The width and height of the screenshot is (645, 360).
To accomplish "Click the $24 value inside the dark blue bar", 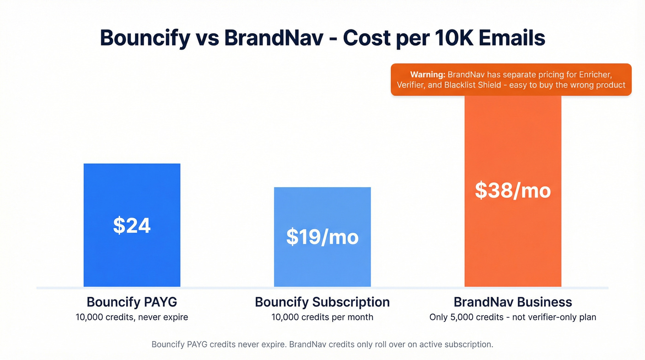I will point(132,225).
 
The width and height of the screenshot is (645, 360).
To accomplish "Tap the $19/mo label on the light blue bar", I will point(322,236).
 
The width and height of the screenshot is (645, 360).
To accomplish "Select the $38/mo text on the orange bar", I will point(513,190).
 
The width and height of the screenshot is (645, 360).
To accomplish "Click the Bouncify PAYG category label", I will point(132,302).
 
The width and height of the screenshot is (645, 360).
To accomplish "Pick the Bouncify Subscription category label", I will point(322,302).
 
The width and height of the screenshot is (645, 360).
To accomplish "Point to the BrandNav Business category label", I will point(513,302).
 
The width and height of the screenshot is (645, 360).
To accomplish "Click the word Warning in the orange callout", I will point(427,74).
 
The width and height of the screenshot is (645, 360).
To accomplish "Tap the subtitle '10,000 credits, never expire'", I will point(132,317).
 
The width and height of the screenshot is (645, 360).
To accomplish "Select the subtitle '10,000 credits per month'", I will point(322,317).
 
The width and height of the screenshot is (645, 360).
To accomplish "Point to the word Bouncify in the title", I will point(145,38).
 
